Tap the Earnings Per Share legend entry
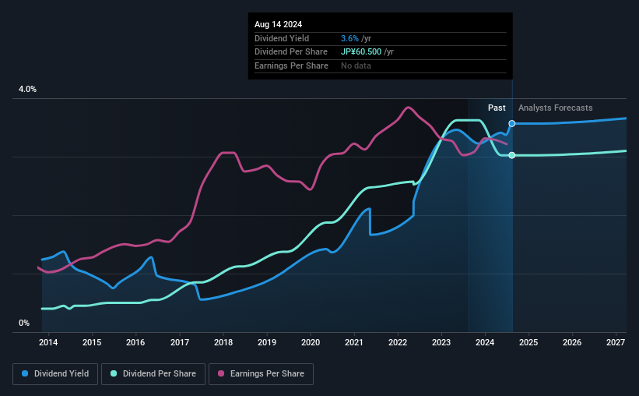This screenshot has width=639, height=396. (262, 374)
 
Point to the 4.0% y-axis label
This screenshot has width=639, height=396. (27, 90)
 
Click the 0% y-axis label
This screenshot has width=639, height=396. (23, 323)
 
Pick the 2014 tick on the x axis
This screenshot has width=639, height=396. (48, 342)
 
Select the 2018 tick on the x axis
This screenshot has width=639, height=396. (223, 342)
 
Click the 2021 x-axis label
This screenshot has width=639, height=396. (354, 342)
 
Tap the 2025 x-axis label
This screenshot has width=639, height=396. (528, 342)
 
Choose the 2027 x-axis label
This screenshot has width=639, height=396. (616, 342)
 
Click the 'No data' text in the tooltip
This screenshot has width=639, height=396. (356, 65)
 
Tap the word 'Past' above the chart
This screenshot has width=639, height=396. (497, 108)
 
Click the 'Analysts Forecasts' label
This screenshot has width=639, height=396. (555, 108)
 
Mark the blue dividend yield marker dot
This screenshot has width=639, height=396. (512, 124)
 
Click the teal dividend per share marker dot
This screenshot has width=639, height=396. (512, 155)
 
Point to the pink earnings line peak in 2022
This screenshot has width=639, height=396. (408, 108)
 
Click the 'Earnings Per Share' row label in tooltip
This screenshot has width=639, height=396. (291, 65)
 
